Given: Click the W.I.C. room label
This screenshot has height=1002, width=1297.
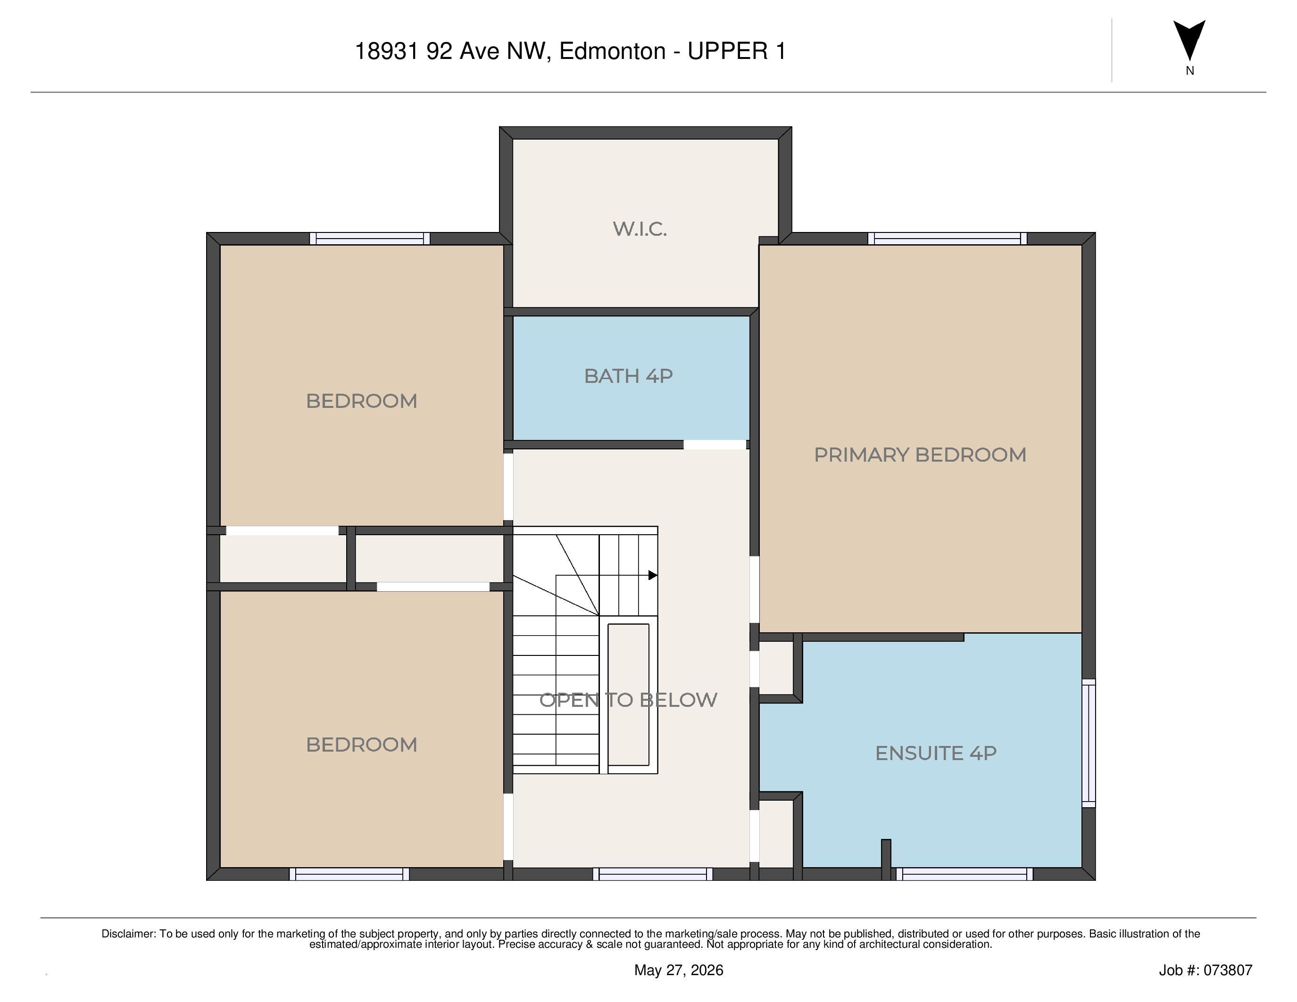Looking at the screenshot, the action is [640, 229].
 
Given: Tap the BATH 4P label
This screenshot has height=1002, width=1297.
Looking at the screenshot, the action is [628, 376].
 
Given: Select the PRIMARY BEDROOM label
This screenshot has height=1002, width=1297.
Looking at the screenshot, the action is [920, 455].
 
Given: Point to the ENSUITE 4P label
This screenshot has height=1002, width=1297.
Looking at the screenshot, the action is [935, 753].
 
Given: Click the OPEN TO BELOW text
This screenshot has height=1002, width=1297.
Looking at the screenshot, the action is [628, 700].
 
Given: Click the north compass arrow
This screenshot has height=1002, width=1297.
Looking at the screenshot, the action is [1189, 40].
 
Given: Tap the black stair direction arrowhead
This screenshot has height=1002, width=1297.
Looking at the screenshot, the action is [653, 575].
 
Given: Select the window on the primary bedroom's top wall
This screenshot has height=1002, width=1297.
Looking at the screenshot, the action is [947, 239].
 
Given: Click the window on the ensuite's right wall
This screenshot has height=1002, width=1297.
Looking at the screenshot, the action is [1089, 743].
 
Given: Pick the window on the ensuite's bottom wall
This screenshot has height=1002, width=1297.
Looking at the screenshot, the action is [964, 874].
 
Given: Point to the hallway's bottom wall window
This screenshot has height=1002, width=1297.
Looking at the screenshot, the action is [653, 874].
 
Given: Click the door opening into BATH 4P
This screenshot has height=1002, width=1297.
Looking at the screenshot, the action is [715, 445].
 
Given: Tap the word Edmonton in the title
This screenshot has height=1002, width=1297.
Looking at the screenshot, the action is [612, 51].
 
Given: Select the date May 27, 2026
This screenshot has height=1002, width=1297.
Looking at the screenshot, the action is [679, 970].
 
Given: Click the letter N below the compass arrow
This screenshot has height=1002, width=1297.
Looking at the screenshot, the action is [1189, 71].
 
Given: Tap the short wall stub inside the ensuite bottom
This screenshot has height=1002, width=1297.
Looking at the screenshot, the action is [886, 860].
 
